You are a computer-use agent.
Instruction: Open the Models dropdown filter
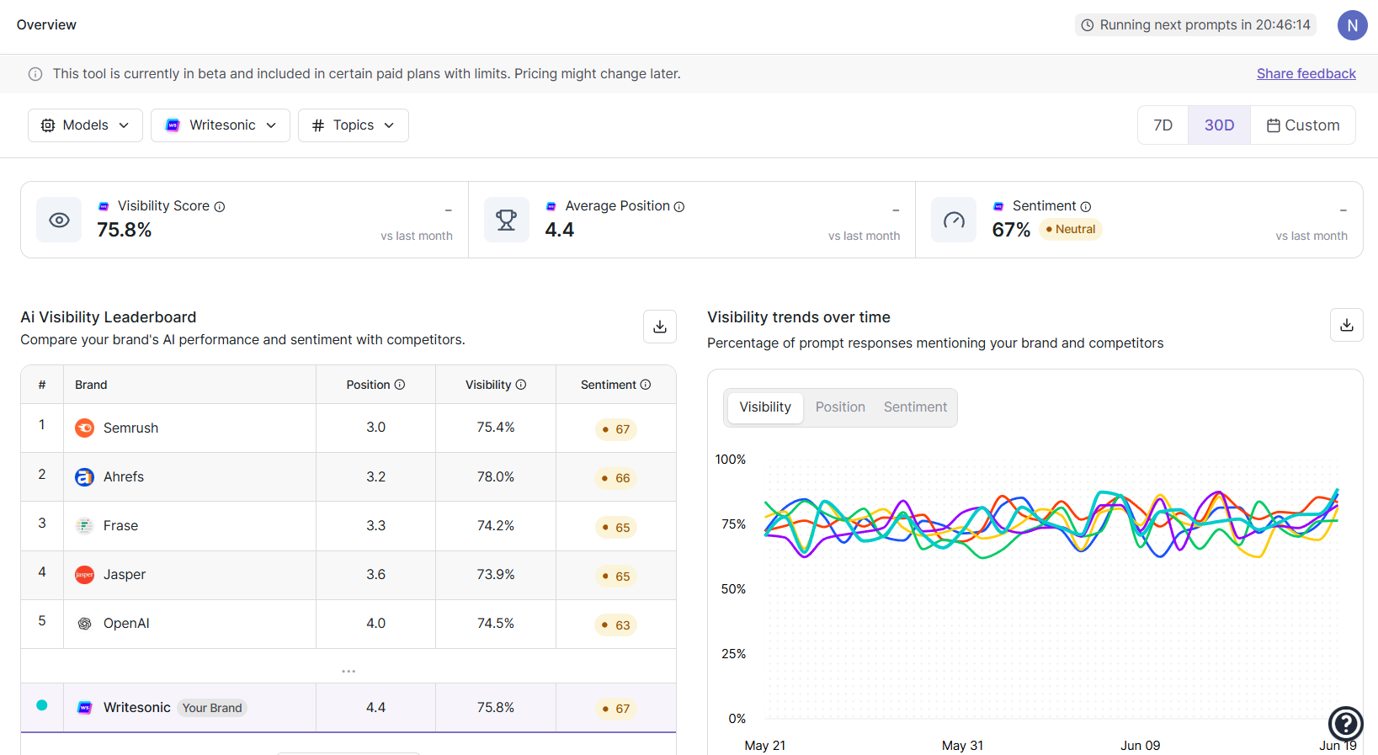pyautogui.click(x=85, y=125)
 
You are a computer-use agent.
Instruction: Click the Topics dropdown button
pyautogui.click(x=353, y=125)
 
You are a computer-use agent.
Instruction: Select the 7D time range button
pyautogui.click(x=1163, y=125)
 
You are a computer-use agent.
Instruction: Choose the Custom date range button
pyautogui.click(x=1302, y=125)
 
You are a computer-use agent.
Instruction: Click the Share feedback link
pyautogui.click(x=1306, y=74)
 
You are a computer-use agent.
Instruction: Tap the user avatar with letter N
pyautogui.click(x=1352, y=25)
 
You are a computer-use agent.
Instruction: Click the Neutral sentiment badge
pyautogui.click(x=1071, y=229)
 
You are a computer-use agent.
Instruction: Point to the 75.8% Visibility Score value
pyautogui.click(x=125, y=230)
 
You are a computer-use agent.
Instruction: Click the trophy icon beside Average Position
pyautogui.click(x=506, y=220)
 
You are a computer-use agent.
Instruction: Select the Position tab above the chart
pyautogui.click(x=839, y=407)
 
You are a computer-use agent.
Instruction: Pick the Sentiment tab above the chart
pyautogui.click(x=915, y=407)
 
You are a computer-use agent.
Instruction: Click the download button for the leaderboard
pyautogui.click(x=659, y=327)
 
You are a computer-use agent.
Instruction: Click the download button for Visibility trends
pyautogui.click(x=1346, y=325)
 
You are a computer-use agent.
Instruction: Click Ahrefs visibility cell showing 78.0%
pyautogui.click(x=495, y=476)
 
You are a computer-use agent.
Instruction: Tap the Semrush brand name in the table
pyautogui.click(x=130, y=428)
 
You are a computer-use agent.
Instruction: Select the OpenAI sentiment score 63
pyautogui.click(x=616, y=625)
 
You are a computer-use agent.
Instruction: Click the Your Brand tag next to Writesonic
pyautogui.click(x=212, y=708)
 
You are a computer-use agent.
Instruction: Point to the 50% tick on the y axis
pyautogui.click(x=733, y=589)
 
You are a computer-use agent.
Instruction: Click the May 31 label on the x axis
pyautogui.click(x=962, y=746)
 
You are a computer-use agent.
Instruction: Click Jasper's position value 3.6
pyautogui.click(x=375, y=574)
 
